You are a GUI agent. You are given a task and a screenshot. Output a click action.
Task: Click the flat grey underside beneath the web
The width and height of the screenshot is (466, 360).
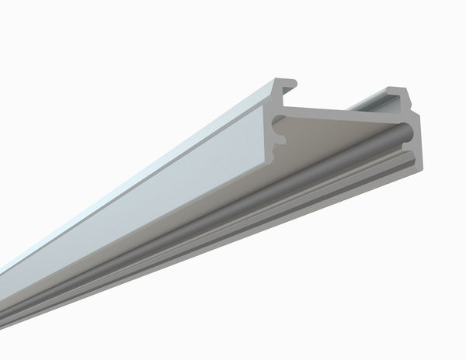342,136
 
